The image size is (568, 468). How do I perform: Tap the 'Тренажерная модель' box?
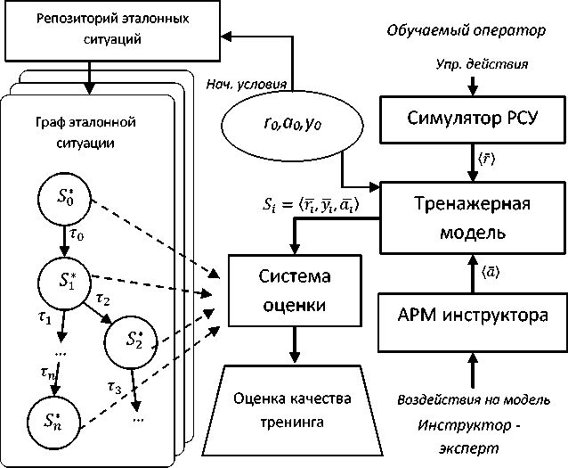pos(472,218)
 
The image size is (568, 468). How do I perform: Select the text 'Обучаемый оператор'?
pos(464,31)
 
